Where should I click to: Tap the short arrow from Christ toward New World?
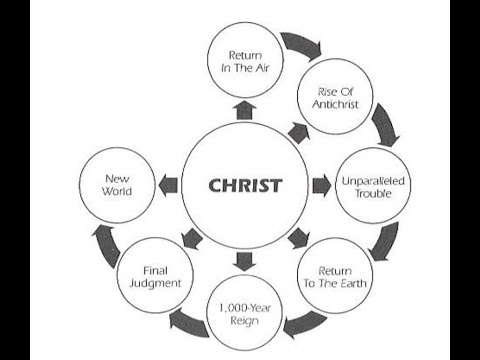tap(167, 185)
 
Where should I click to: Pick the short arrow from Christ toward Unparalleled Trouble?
tap(321, 185)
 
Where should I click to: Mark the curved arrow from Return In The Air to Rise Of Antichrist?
tap(297, 46)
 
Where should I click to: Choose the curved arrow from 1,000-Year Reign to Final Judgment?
tap(189, 320)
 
